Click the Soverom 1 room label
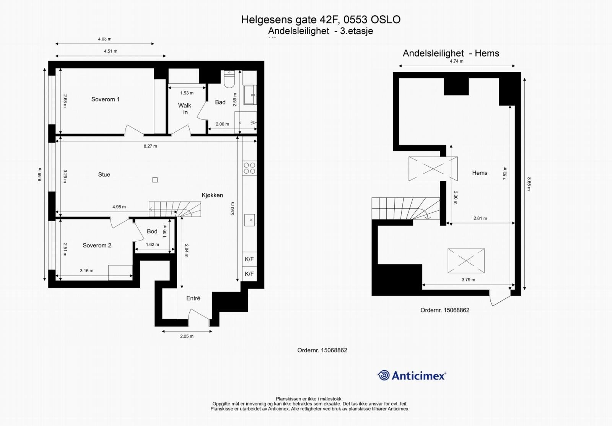click(x=105, y=99)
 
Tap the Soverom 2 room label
click(x=97, y=246)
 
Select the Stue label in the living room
click(x=104, y=175)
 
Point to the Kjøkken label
click(x=212, y=195)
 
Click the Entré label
click(x=193, y=298)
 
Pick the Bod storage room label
click(x=152, y=231)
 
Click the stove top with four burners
click(x=249, y=168)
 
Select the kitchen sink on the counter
click(x=249, y=220)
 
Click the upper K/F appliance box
click(x=249, y=259)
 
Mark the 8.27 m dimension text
click(x=150, y=146)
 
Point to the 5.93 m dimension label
click(x=233, y=209)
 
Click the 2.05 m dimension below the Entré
click(x=187, y=337)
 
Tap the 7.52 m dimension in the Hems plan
click(x=505, y=173)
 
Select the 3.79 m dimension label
click(x=468, y=280)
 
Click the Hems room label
click(x=480, y=173)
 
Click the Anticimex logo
click(x=412, y=376)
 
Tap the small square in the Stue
click(x=155, y=180)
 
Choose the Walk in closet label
click(x=185, y=109)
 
